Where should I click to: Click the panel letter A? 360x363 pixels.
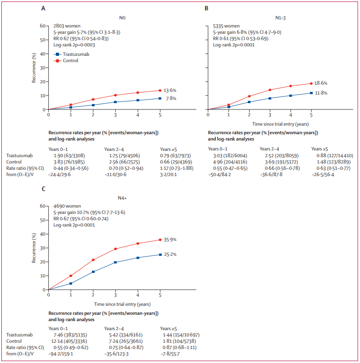tap(43, 9)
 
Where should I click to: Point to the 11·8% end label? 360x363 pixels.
tap(321, 93)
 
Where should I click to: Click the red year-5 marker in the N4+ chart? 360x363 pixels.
tap(160, 240)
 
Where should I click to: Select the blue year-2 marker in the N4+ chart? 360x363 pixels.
tap(93, 272)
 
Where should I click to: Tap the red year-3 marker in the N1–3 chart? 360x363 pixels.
tap(270, 90)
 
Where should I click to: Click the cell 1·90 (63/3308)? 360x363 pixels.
tap(65, 155)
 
